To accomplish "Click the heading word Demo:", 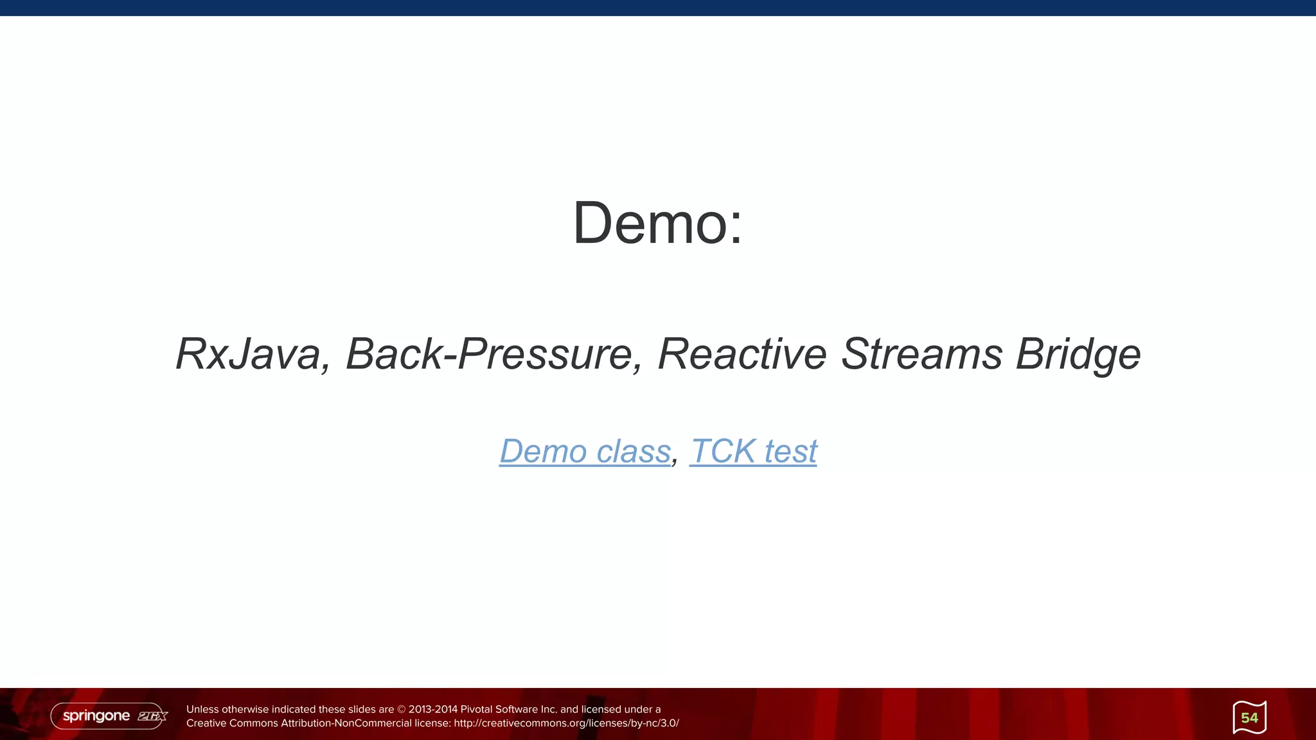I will (657, 223).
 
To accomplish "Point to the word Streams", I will (921, 354).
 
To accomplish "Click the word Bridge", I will (1078, 354).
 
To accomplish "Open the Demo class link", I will (585, 451).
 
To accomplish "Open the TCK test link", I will (753, 451).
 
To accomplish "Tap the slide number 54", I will (1249, 718).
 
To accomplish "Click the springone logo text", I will (96, 716).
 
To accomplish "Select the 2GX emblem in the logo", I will (152, 716).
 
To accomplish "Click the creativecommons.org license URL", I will (566, 723).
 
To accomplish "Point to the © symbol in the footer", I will (402, 710).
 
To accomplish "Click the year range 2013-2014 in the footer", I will (433, 710).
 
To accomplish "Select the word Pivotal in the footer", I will (476, 710).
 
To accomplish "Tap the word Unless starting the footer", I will (202, 710).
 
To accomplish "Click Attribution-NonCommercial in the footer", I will (346, 723).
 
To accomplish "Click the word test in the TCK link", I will (790, 451).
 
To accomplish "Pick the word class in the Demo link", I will (633, 451).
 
